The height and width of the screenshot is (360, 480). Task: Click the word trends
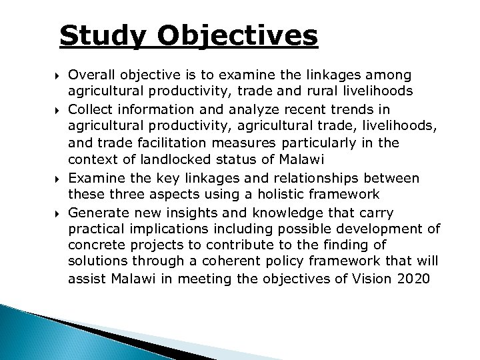tap(335, 109)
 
